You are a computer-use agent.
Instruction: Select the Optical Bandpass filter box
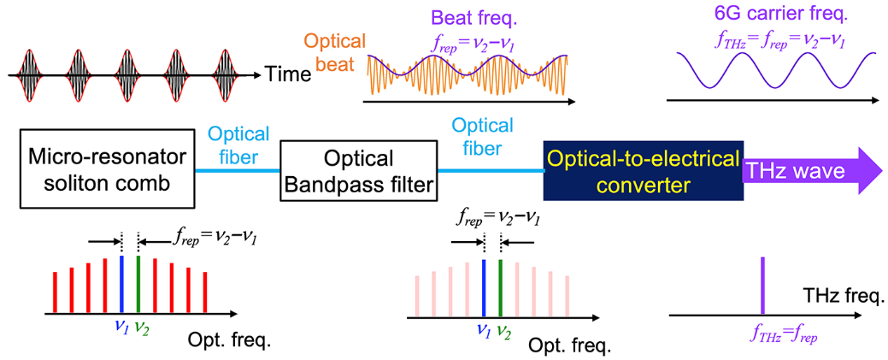[358, 170]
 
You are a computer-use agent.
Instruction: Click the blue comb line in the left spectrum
[121, 283]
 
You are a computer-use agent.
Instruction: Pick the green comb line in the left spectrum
[138, 283]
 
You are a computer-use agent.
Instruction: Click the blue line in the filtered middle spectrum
[483, 287]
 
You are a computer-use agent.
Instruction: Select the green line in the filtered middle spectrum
[500, 287]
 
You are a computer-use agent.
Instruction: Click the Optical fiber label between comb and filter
[238, 145]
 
